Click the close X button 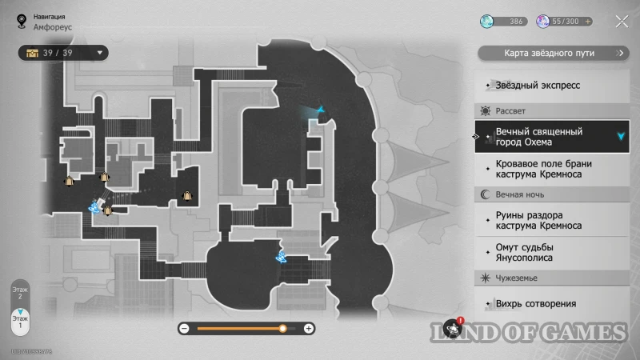point(622,22)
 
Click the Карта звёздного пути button point(553,54)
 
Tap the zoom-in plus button point(310,328)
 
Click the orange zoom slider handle point(282,328)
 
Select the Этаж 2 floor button point(19,291)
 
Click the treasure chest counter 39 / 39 point(62,53)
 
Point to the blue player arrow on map point(321,109)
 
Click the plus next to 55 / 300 point(589,22)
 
